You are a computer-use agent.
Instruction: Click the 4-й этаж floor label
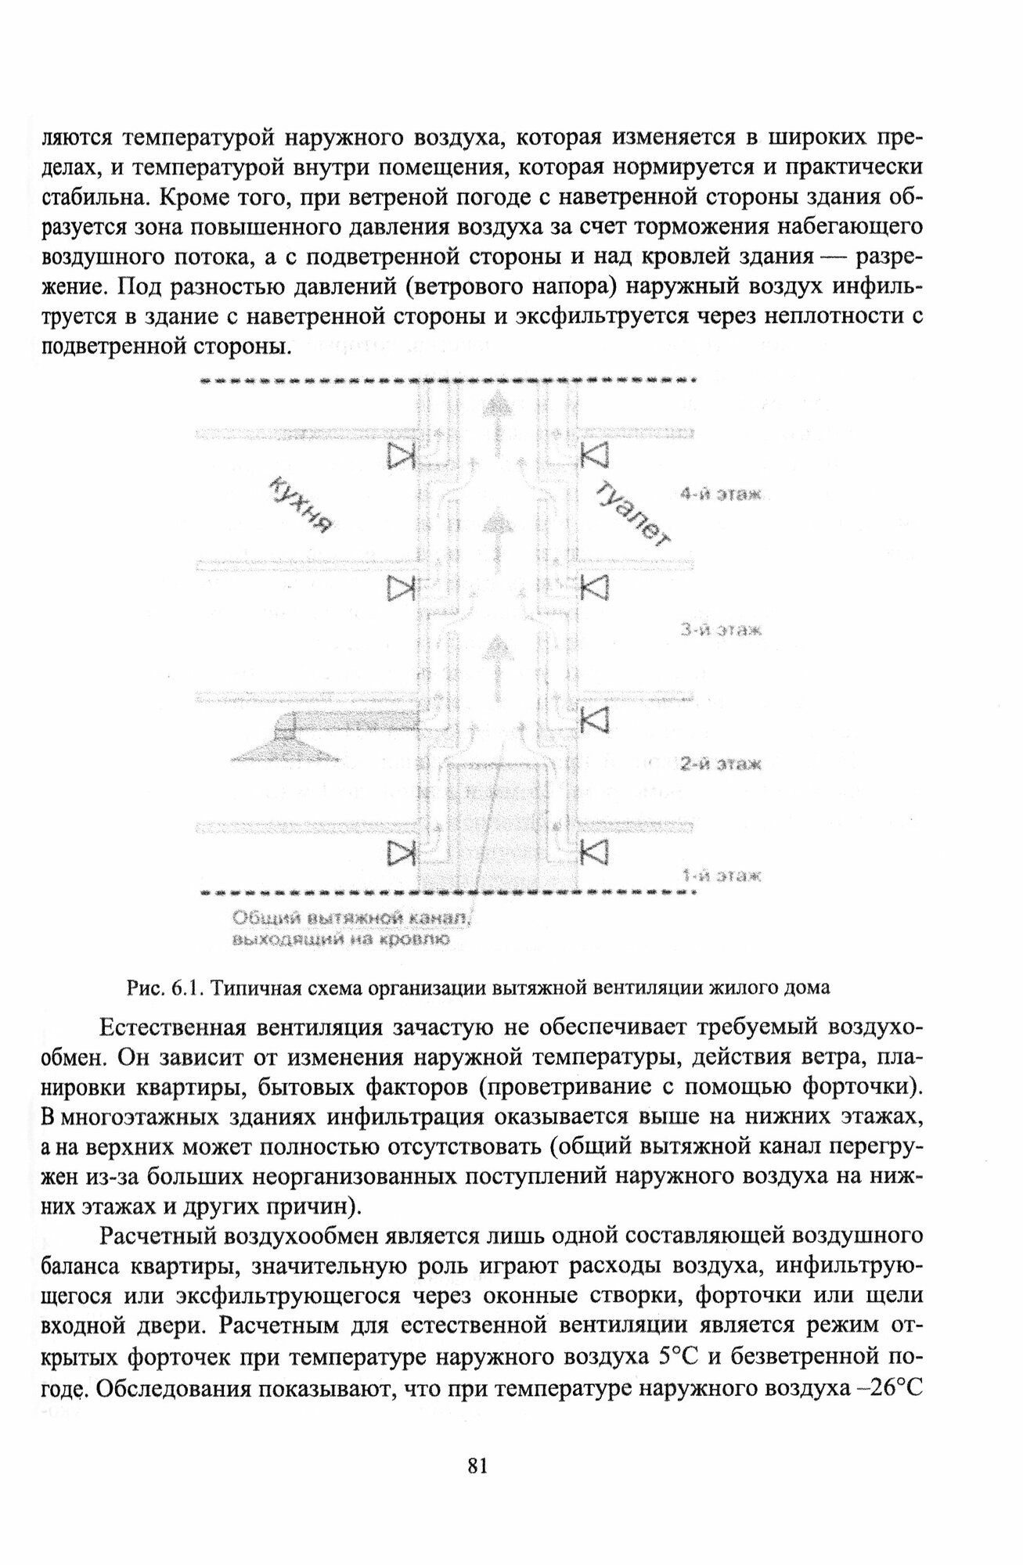[721, 495]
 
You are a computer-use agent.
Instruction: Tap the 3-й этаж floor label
[721, 630]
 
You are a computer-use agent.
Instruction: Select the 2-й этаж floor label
[721, 765]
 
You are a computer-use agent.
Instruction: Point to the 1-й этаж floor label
[721, 876]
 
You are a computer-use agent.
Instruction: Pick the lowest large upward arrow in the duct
[492, 661]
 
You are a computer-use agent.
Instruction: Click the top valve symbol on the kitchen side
[401, 455]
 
